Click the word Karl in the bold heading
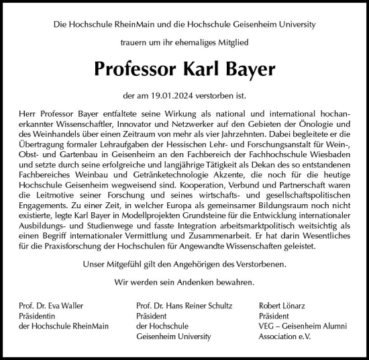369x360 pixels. pos(202,69)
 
